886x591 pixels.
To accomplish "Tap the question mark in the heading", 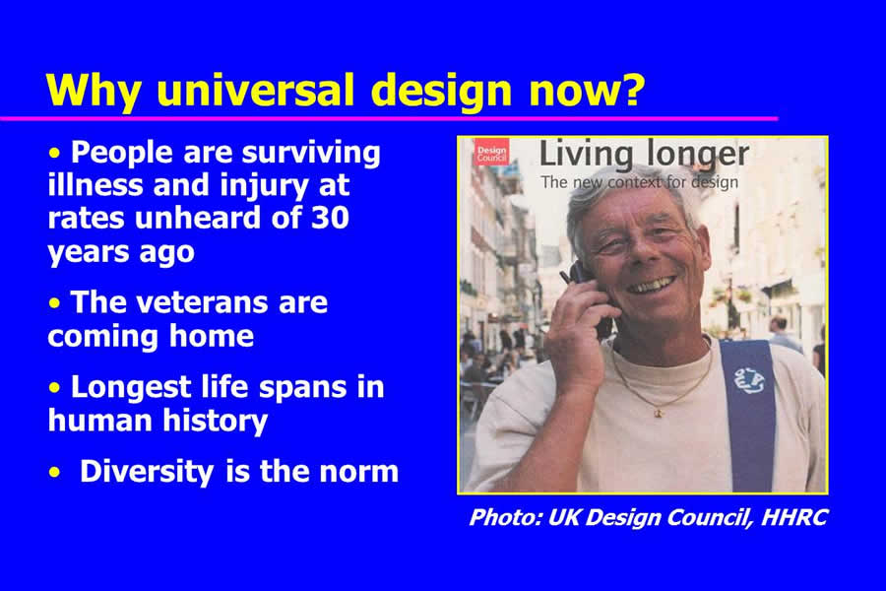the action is pyautogui.click(x=633, y=90).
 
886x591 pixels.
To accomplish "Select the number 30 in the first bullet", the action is pyautogui.click(x=331, y=218).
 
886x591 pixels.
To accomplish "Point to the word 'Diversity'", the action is pyautogui.click(x=147, y=472).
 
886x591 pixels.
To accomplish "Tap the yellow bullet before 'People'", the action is pyautogui.click(x=54, y=154).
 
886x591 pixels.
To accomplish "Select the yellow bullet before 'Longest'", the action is pyautogui.click(x=54, y=388).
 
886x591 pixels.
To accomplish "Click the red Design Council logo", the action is pyautogui.click(x=491, y=152).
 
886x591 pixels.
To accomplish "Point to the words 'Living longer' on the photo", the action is pyautogui.click(x=644, y=155).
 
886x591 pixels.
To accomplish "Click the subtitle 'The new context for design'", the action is pyautogui.click(x=639, y=182).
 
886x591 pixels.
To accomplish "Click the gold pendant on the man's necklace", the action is pyautogui.click(x=658, y=414).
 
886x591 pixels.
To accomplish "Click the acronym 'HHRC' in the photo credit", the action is pyautogui.click(x=793, y=517).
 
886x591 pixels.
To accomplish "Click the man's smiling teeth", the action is pyautogui.click(x=652, y=285).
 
